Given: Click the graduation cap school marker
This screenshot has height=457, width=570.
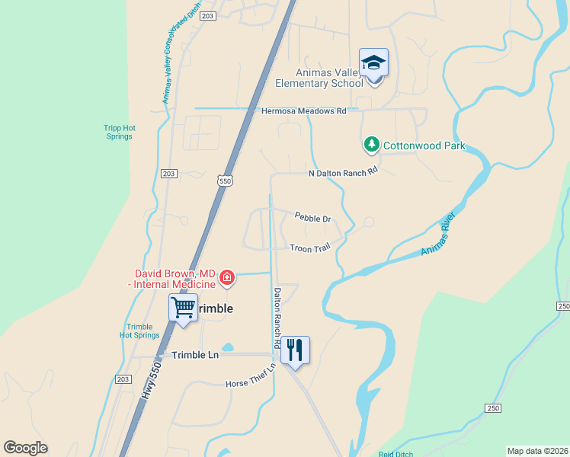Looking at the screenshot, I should (373, 62).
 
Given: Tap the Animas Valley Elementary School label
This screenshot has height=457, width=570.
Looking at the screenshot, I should (319, 78).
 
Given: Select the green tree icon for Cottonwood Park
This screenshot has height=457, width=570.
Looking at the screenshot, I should (371, 144).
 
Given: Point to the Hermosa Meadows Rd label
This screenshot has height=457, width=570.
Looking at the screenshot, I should (303, 110).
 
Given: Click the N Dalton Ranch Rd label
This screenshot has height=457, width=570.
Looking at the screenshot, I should (343, 173).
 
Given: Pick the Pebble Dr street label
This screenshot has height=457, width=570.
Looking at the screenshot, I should (312, 219).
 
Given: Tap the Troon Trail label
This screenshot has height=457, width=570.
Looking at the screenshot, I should (309, 248).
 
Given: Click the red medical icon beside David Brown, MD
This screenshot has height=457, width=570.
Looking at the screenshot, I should (226, 279).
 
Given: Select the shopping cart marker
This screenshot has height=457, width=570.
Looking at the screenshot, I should (183, 308).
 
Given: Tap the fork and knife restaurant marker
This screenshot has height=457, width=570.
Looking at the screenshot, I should (295, 350).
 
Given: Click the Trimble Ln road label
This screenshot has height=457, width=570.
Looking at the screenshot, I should (195, 355).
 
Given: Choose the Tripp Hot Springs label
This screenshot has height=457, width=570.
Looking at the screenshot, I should (118, 132).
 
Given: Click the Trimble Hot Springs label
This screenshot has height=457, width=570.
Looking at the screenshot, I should (139, 331).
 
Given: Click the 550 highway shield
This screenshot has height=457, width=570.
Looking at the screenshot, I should (223, 181).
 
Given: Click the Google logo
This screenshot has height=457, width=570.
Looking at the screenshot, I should (25, 448).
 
